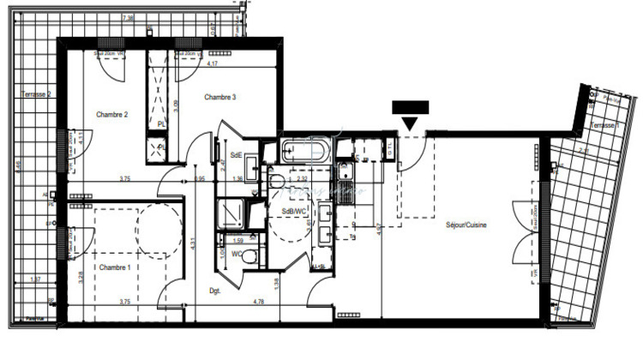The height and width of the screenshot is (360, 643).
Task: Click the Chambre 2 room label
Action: tap(112, 114)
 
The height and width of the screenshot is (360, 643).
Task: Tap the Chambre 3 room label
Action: tap(219, 98)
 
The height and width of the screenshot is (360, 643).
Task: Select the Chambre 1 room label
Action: tap(115, 267)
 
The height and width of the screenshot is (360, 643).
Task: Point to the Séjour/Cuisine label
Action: tap(466, 225)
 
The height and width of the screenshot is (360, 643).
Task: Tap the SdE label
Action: tap(237, 155)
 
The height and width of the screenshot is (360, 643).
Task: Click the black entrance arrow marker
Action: tap(410, 115)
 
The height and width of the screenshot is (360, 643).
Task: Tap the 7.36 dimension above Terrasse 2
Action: tap(129, 17)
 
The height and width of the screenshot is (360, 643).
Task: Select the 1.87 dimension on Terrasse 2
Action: tap(36, 279)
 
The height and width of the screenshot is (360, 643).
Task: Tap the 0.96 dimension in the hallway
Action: tap(200, 179)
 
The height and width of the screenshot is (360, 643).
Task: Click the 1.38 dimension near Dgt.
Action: tap(277, 282)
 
